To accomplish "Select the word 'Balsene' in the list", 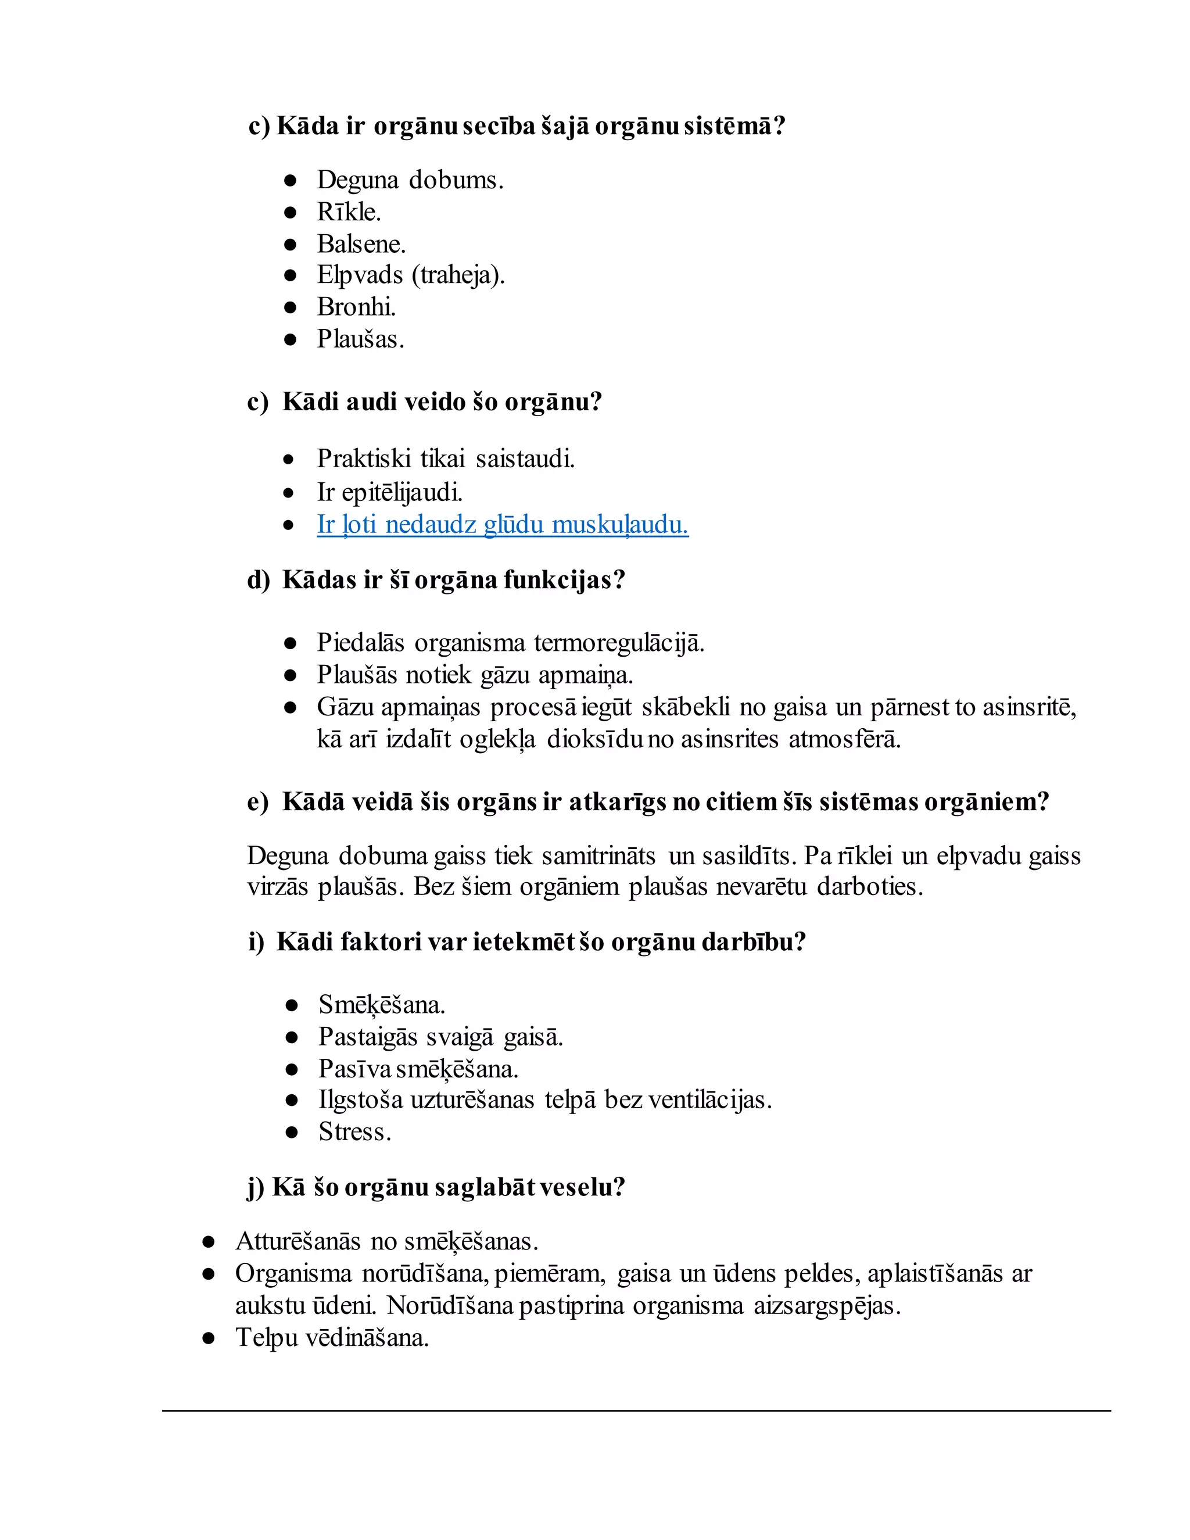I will pos(359,244).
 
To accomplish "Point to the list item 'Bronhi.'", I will pos(356,307).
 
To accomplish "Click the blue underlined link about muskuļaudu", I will pos(502,525).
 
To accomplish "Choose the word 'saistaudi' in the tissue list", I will pos(525,459).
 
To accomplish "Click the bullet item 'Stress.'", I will pos(354,1131).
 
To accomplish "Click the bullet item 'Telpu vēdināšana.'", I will pos(332,1338).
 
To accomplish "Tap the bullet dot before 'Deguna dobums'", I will pos(291,181).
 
